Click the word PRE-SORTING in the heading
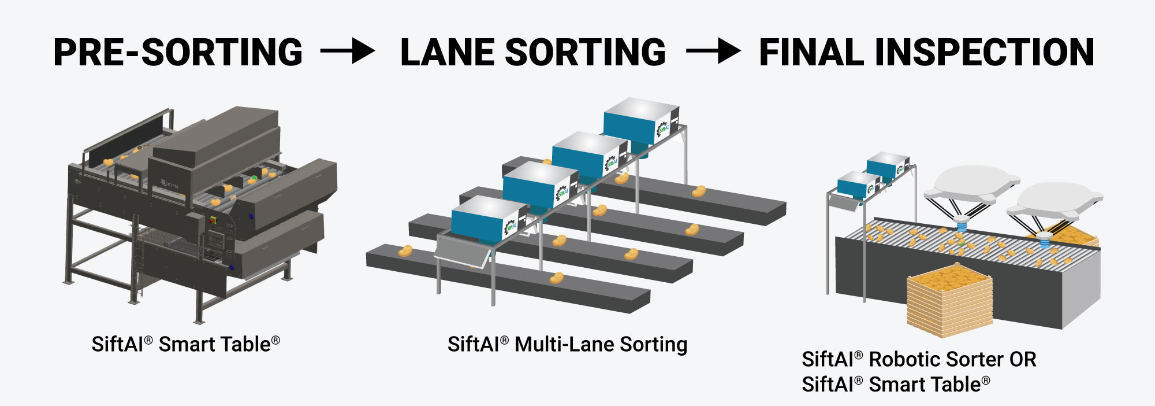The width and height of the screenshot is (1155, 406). pyautogui.click(x=178, y=53)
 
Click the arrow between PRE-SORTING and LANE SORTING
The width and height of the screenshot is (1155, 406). pyautogui.click(x=348, y=51)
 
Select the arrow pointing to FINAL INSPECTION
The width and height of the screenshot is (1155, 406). pyautogui.click(x=713, y=51)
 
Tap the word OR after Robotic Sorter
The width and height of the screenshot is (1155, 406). pyautogui.click(x=1023, y=360)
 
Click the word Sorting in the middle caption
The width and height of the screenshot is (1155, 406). pyautogui.click(x=653, y=345)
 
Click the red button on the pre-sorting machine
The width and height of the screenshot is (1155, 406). pyautogui.click(x=212, y=220)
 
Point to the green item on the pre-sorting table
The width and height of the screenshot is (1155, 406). pyautogui.click(x=254, y=178)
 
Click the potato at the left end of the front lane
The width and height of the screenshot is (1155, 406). pyautogui.click(x=405, y=251)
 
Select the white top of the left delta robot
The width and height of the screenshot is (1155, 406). pyautogui.click(x=971, y=180)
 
